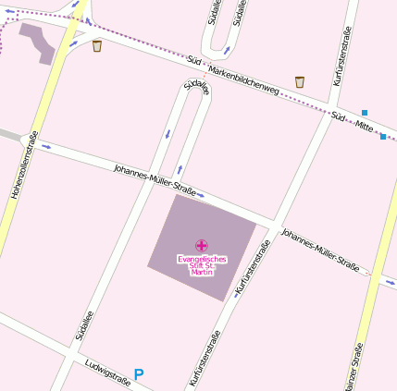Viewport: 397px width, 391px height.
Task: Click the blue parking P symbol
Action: click(x=139, y=374)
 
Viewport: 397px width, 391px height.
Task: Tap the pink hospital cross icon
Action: click(x=202, y=245)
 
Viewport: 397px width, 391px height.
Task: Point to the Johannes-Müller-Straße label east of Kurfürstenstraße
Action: click(x=320, y=247)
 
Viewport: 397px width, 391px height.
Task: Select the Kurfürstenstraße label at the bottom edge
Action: click(x=205, y=358)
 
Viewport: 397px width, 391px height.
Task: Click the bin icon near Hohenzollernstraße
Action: click(x=97, y=45)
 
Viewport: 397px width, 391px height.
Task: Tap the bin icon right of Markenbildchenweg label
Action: click(x=299, y=82)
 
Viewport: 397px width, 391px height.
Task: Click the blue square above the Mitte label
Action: click(x=364, y=113)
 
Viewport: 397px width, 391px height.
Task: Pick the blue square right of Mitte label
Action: click(x=383, y=137)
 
